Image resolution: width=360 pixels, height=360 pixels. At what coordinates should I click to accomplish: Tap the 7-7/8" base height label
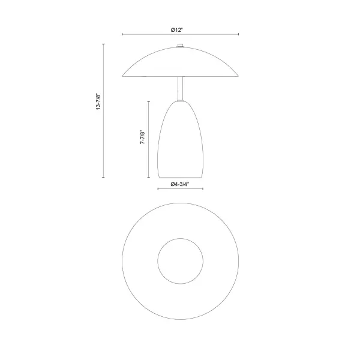[142, 139]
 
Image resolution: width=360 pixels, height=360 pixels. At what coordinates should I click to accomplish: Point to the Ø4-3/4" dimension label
[180, 184]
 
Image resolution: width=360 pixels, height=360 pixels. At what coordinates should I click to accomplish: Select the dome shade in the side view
[180, 63]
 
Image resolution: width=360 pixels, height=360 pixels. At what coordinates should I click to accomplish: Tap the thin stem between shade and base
[180, 89]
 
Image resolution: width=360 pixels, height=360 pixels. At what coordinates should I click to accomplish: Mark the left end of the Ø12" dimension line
[122, 34]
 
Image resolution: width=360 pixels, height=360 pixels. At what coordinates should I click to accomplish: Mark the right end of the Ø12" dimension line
[238, 34]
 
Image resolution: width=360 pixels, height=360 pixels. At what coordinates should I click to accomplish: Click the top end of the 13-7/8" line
[103, 44]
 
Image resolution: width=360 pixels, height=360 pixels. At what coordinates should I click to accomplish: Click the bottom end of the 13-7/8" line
[103, 178]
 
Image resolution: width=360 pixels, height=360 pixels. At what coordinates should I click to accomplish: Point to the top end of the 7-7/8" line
[148, 101]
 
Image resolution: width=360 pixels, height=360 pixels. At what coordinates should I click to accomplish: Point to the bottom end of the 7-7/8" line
[148, 178]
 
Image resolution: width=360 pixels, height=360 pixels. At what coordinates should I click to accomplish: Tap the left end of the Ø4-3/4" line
[157, 189]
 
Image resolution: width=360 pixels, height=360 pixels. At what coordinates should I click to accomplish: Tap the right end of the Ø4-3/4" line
[203, 189]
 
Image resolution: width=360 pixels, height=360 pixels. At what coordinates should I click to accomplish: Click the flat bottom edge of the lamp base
[180, 178]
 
